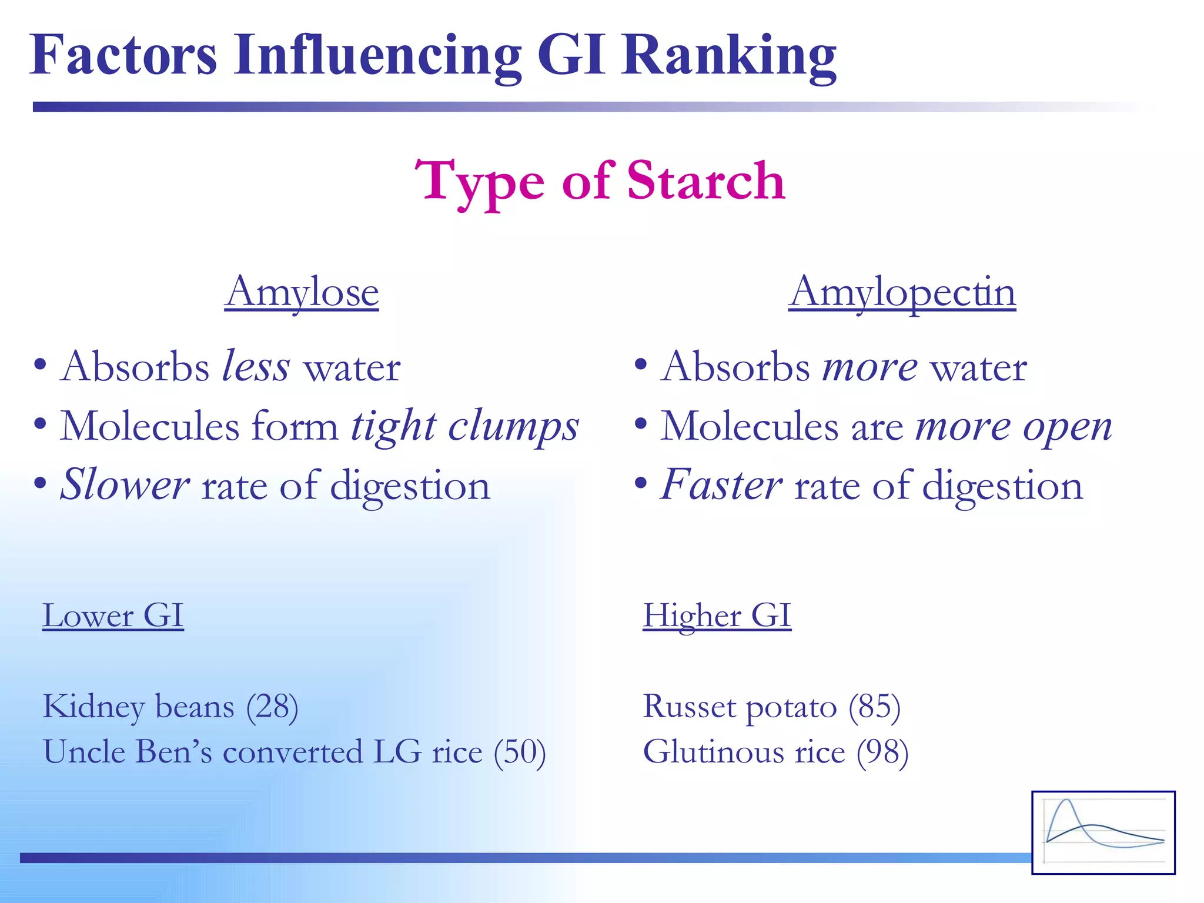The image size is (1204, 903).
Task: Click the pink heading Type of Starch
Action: (x=600, y=181)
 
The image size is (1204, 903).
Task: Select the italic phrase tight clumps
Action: (x=464, y=426)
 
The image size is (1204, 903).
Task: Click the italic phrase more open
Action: (x=1014, y=427)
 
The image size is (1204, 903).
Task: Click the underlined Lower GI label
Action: (x=113, y=616)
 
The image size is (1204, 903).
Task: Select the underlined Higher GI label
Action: (x=717, y=616)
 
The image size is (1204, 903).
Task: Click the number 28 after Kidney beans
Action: (x=272, y=706)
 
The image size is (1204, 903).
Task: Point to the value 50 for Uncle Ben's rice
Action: (x=520, y=752)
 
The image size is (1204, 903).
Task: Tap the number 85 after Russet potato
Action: (x=874, y=706)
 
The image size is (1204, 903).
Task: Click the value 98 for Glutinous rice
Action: (x=882, y=752)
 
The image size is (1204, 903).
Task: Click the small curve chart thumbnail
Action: (x=1103, y=832)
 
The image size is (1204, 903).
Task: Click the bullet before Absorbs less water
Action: (x=40, y=365)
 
